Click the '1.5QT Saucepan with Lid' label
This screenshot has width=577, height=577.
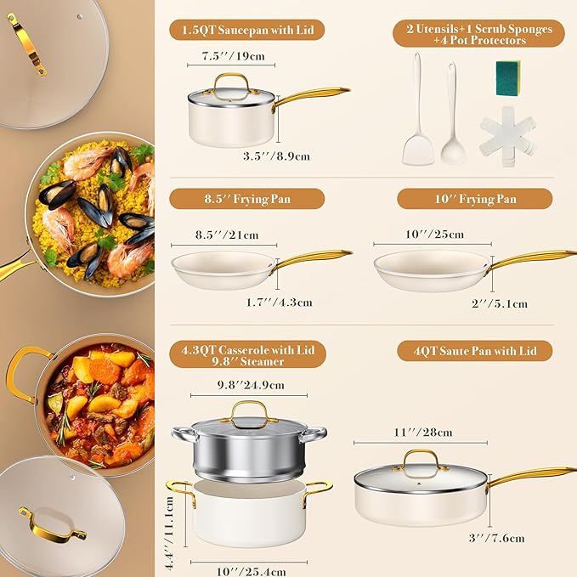pos(246,31)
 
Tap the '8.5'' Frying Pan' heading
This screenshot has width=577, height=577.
pos(246,199)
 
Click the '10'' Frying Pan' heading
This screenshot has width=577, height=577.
pos(474,199)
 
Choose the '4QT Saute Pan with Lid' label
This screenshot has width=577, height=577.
pos(474,350)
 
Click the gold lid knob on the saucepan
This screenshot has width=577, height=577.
pos(229,82)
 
